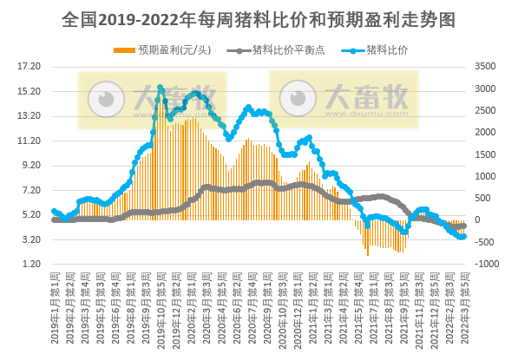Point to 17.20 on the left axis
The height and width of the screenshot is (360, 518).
(x=30, y=66)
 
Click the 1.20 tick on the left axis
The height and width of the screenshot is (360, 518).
(x=30, y=264)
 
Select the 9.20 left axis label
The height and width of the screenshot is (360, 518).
(x=30, y=165)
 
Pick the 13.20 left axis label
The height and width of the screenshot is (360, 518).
(x=30, y=115)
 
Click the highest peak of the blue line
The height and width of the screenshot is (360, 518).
(x=160, y=88)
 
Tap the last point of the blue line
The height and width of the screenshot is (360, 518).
(x=463, y=237)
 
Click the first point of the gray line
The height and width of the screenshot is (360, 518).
(x=54, y=220)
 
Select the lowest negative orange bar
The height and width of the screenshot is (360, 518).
(x=368, y=255)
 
